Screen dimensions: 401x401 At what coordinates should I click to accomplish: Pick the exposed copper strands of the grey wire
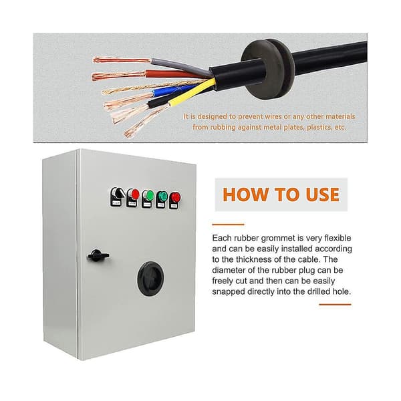point(122,60)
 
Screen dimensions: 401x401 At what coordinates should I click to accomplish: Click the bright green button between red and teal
point(148,196)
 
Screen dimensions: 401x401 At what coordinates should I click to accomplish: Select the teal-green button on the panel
point(162,197)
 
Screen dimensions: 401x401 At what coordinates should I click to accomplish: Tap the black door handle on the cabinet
point(98,255)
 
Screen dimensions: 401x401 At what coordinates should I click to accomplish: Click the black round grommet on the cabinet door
point(151,279)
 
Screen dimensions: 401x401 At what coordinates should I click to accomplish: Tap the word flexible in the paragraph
point(338,238)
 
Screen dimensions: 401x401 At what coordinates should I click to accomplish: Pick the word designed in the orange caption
point(212,116)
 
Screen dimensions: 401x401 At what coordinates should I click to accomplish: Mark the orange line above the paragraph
point(228,225)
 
